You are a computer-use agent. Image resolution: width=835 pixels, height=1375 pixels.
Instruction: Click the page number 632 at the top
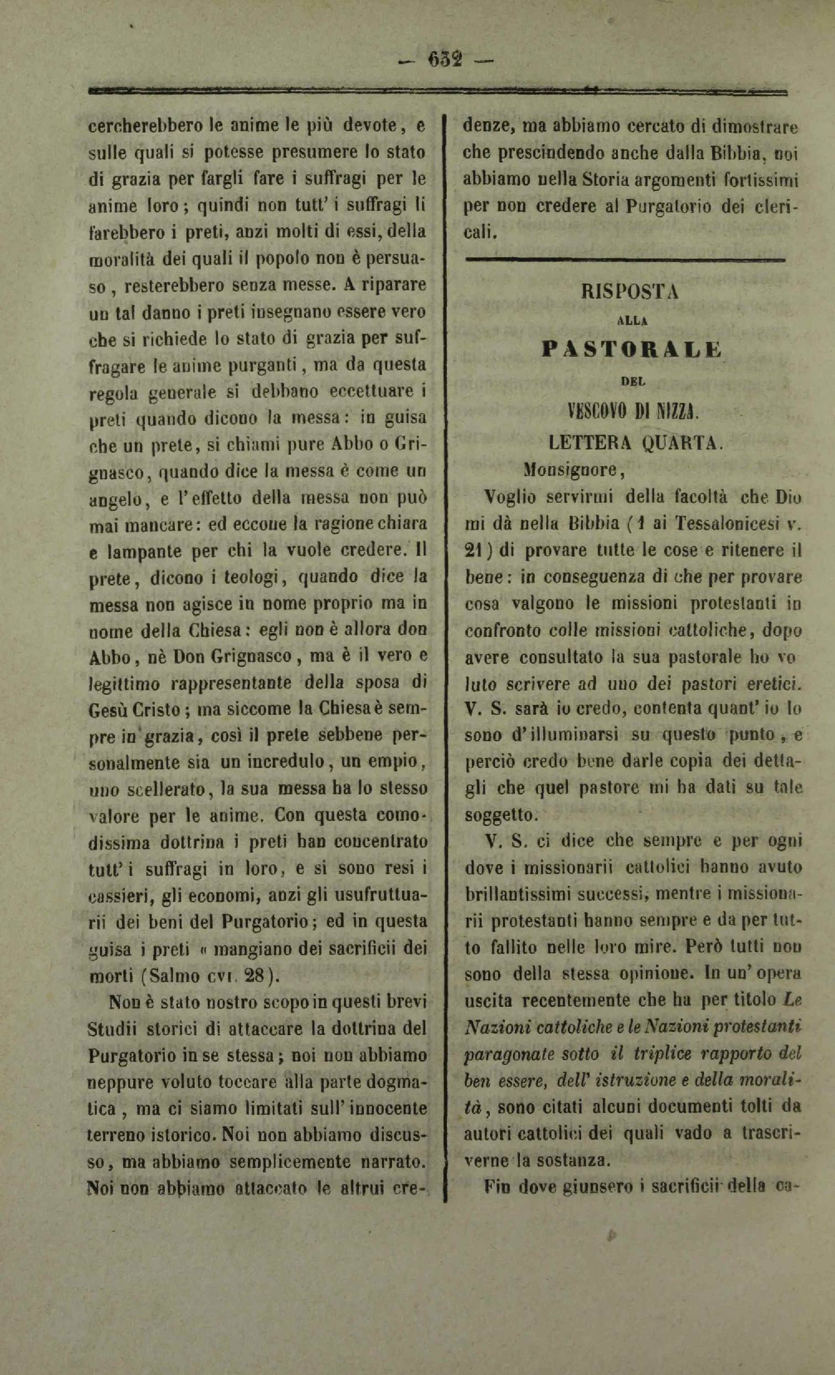click(445, 59)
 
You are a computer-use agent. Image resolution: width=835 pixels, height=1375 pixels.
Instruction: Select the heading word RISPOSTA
click(629, 292)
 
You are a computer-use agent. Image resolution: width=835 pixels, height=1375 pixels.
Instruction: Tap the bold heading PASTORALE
click(632, 349)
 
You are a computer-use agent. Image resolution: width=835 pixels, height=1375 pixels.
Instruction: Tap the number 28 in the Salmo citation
click(256, 976)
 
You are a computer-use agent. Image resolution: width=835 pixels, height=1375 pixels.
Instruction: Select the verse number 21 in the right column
click(475, 550)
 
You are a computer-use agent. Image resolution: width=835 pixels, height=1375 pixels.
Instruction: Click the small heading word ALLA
click(631, 320)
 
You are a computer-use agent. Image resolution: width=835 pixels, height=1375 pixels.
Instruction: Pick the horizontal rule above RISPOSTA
click(625, 259)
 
